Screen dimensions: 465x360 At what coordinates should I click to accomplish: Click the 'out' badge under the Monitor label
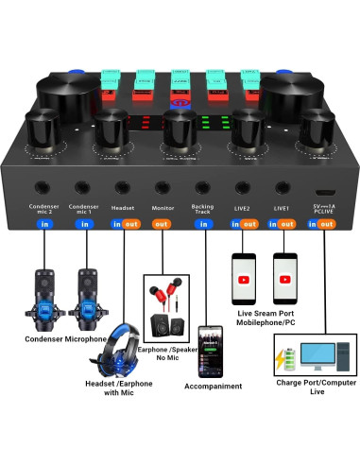pos(162,224)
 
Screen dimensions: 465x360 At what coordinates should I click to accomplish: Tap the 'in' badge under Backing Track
pos(202,224)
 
